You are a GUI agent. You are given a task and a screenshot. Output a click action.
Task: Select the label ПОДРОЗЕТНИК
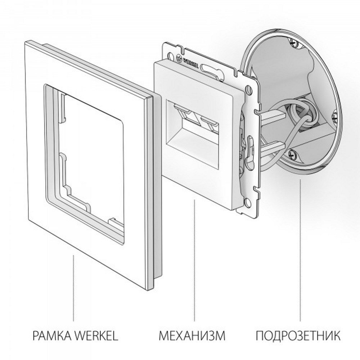[x=298, y=337]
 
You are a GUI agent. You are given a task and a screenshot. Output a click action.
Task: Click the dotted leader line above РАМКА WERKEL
[x=74, y=288]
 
